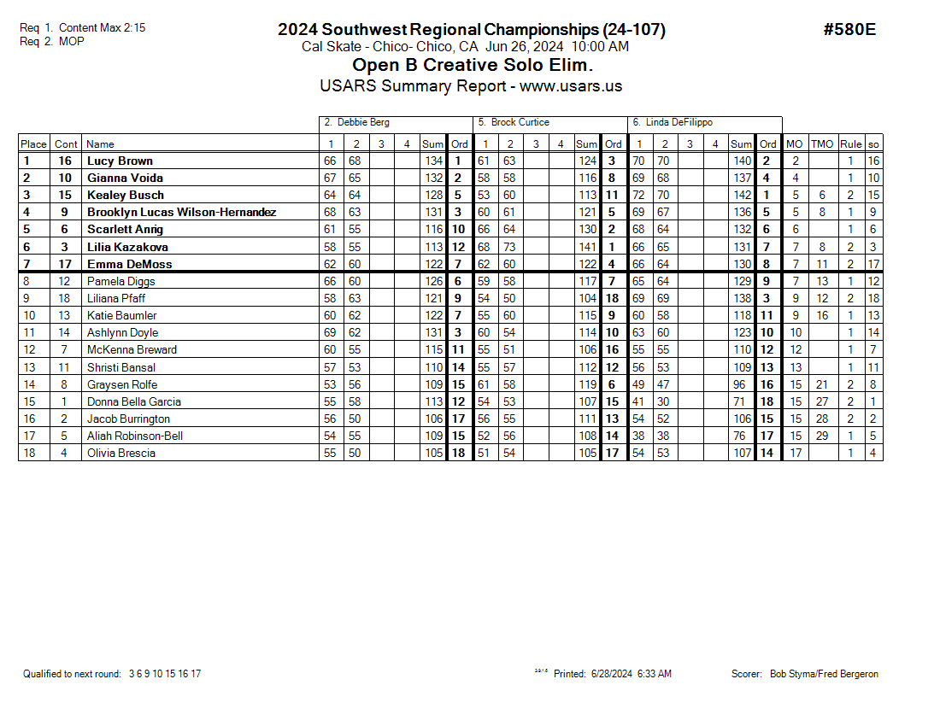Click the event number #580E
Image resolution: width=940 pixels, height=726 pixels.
click(849, 30)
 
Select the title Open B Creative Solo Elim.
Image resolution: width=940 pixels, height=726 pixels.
click(473, 65)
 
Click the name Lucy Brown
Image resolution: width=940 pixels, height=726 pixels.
click(120, 161)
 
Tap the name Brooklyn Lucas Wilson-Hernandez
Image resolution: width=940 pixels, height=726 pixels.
click(181, 212)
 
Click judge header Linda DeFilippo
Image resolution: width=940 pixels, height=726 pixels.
click(673, 123)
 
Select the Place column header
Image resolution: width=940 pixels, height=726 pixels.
click(33, 144)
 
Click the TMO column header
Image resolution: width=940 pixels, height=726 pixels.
click(821, 144)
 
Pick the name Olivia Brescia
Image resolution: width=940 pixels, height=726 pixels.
click(121, 453)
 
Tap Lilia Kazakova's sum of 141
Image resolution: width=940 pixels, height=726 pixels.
click(587, 247)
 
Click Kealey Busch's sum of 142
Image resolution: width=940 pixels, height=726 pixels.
click(741, 195)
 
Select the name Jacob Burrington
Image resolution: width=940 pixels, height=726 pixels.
click(128, 419)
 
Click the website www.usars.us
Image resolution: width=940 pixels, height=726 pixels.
click(571, 86)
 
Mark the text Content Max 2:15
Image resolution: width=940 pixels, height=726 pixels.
click(103, 28)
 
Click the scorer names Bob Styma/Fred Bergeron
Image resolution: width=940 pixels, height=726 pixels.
click(824, 674)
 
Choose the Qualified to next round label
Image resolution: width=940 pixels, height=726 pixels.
click(72, 674)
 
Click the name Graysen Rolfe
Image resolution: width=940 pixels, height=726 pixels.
click(121, 384)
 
